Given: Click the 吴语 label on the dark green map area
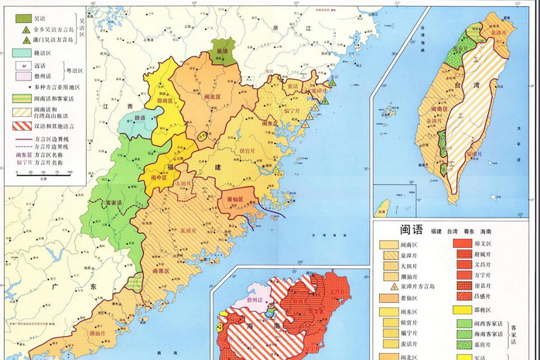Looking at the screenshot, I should (223, 52).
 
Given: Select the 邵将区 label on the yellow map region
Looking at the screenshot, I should (166, 101).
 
